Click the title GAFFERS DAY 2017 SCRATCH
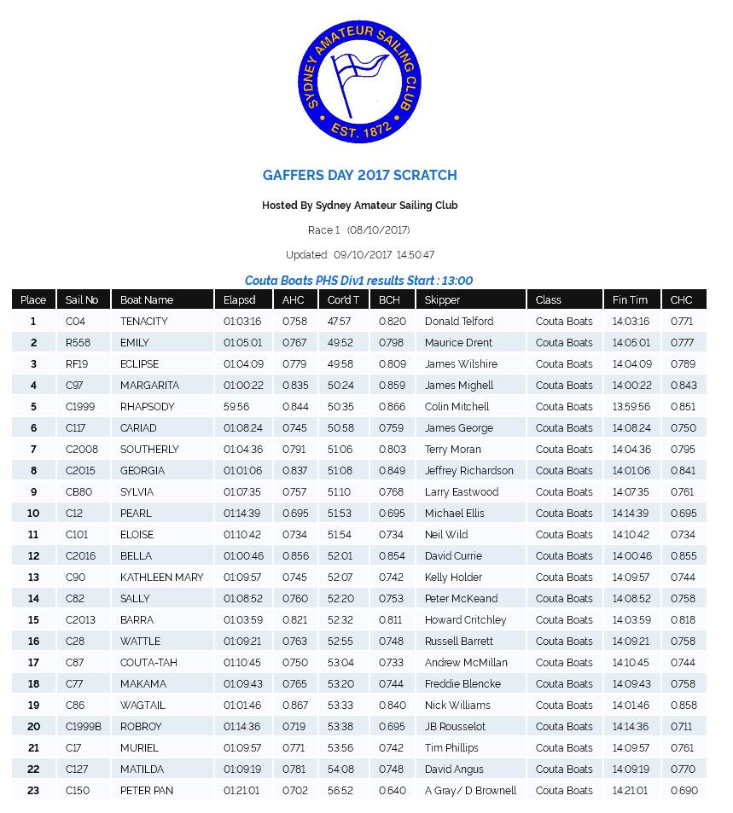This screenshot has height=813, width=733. point(359,175)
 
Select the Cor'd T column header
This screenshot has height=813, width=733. point(343,299)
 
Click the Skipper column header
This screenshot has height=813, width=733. point(442,299)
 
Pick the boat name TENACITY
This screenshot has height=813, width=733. point(143,322)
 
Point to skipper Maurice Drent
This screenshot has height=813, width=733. point(458,343)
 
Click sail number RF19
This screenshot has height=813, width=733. point(77,364)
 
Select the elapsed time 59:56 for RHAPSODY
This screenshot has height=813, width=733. point(236,407)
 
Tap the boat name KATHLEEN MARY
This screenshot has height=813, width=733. point(161,578)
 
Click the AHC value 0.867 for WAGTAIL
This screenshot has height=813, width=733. point(294,706)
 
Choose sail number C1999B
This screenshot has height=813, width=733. point(83,727)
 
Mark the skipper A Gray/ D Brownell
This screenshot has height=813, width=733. point(470,791)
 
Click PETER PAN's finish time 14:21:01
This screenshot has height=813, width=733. point(631,791)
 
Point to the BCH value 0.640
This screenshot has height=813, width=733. point(392,791)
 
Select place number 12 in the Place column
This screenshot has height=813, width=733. point(33,556)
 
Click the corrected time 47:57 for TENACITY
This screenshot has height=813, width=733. point(339,322)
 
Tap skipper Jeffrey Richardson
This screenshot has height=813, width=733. point(468,471)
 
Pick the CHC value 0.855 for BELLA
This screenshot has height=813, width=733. point(683,556)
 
